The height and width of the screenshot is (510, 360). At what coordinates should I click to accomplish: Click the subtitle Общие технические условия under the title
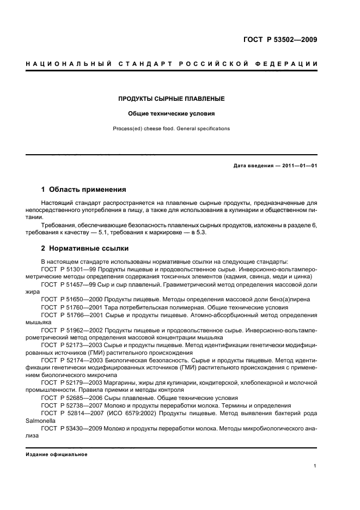pos(172,114)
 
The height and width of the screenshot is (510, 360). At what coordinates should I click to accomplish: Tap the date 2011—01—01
pos(298,166)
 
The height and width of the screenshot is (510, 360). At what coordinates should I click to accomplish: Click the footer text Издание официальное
pos(57,454)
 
